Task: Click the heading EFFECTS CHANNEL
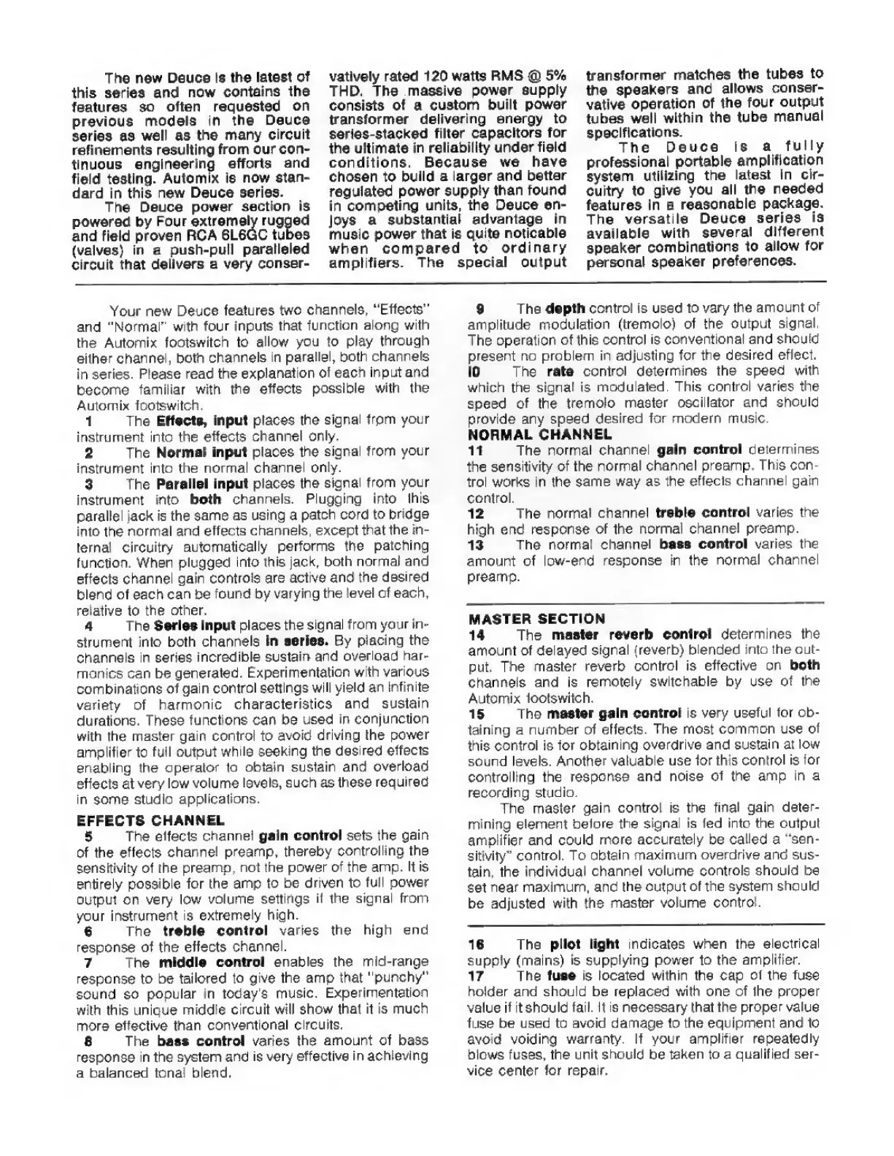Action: [x=150, y=820]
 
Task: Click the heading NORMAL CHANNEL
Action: [x=539, y=434]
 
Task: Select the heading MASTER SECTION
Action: [x=536, y=619]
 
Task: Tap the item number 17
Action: [x=475, y=976]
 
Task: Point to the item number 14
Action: [x=475, y=635]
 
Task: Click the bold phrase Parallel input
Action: [x=201, y=483]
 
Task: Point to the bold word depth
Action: [x=564, y=308]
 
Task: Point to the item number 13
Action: [x=475, y=544]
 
